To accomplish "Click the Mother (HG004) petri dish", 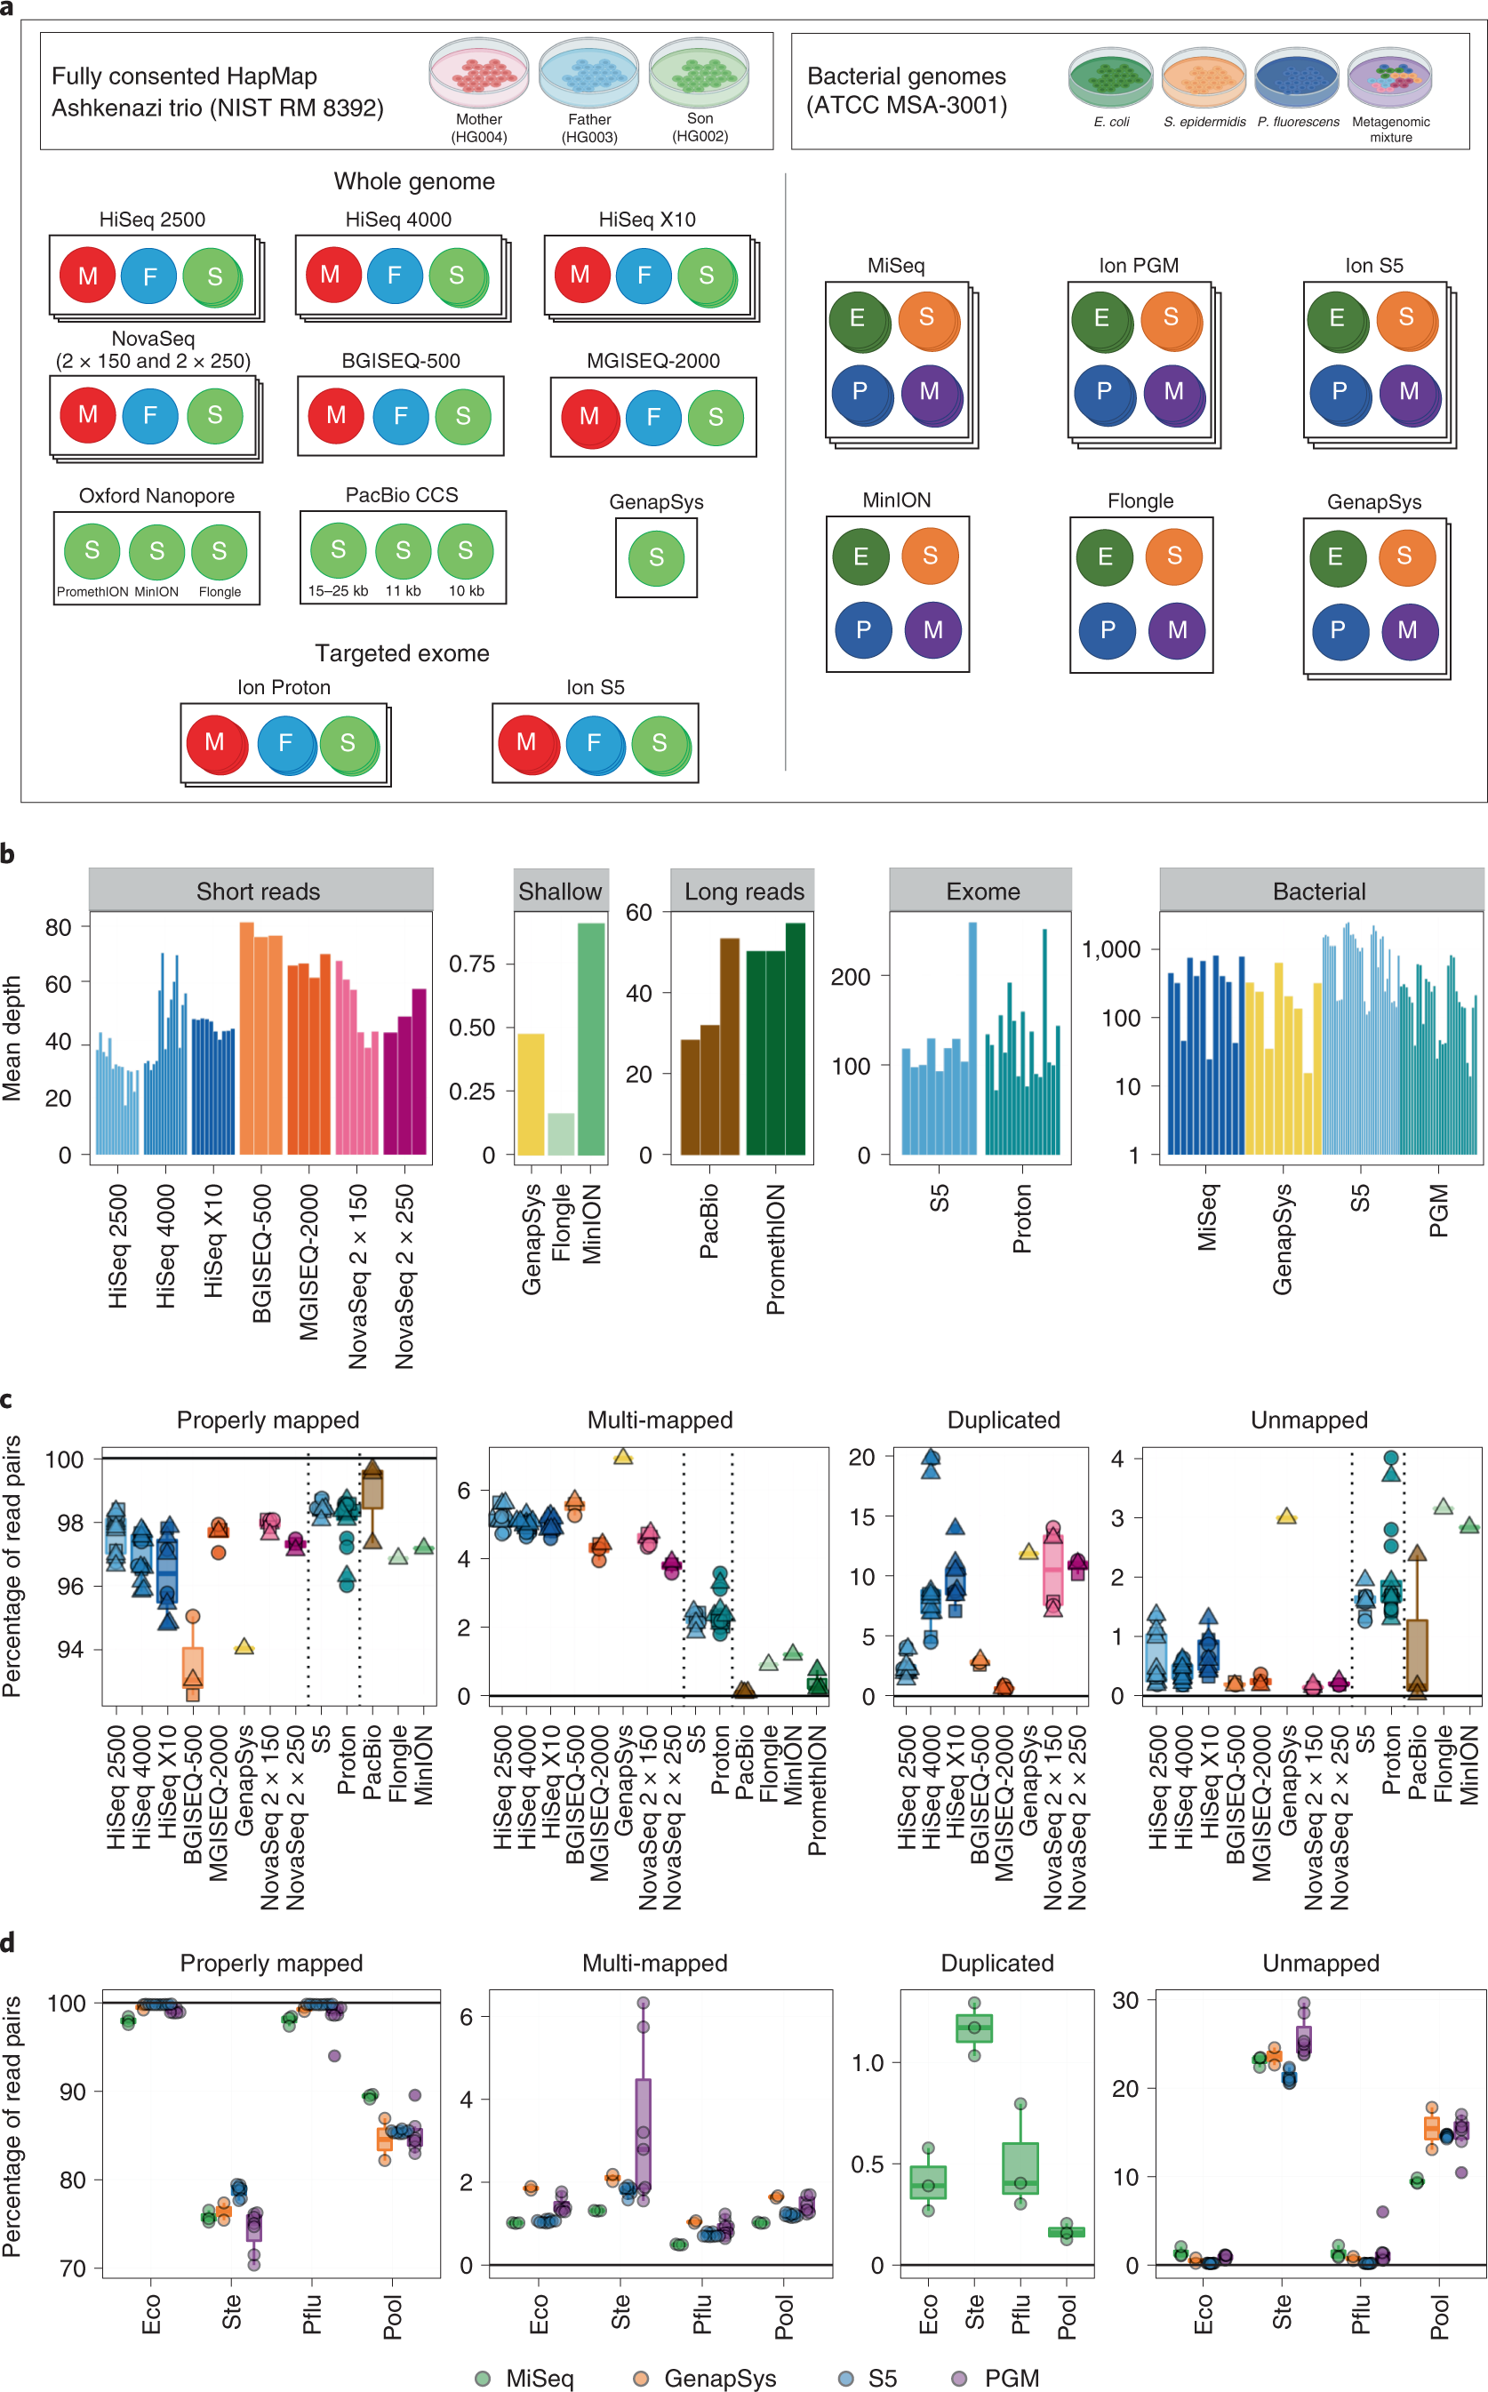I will coord(479,72).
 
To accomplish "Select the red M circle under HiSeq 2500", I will coord(88,276).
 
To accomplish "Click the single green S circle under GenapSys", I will coord(656,557).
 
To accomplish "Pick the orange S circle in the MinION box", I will coord(929,556).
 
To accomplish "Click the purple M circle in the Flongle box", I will coord(1177,629).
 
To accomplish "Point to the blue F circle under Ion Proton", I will coord(285,743).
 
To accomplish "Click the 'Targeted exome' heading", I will coord(402,653).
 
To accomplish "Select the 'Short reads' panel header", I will coord(260,892).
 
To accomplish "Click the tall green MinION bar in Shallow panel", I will coord(590,1038).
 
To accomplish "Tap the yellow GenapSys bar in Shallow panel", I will coord(531,1093).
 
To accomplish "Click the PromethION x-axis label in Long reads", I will coord(775,1249).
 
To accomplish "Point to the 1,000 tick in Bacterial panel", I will coord(1111,949).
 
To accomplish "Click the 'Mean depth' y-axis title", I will coord(12,1038).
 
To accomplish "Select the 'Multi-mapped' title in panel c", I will coord(660,1420).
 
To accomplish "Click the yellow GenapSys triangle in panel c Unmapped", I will coord(1285,1517).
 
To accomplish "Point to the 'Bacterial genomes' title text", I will coord(906,76).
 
